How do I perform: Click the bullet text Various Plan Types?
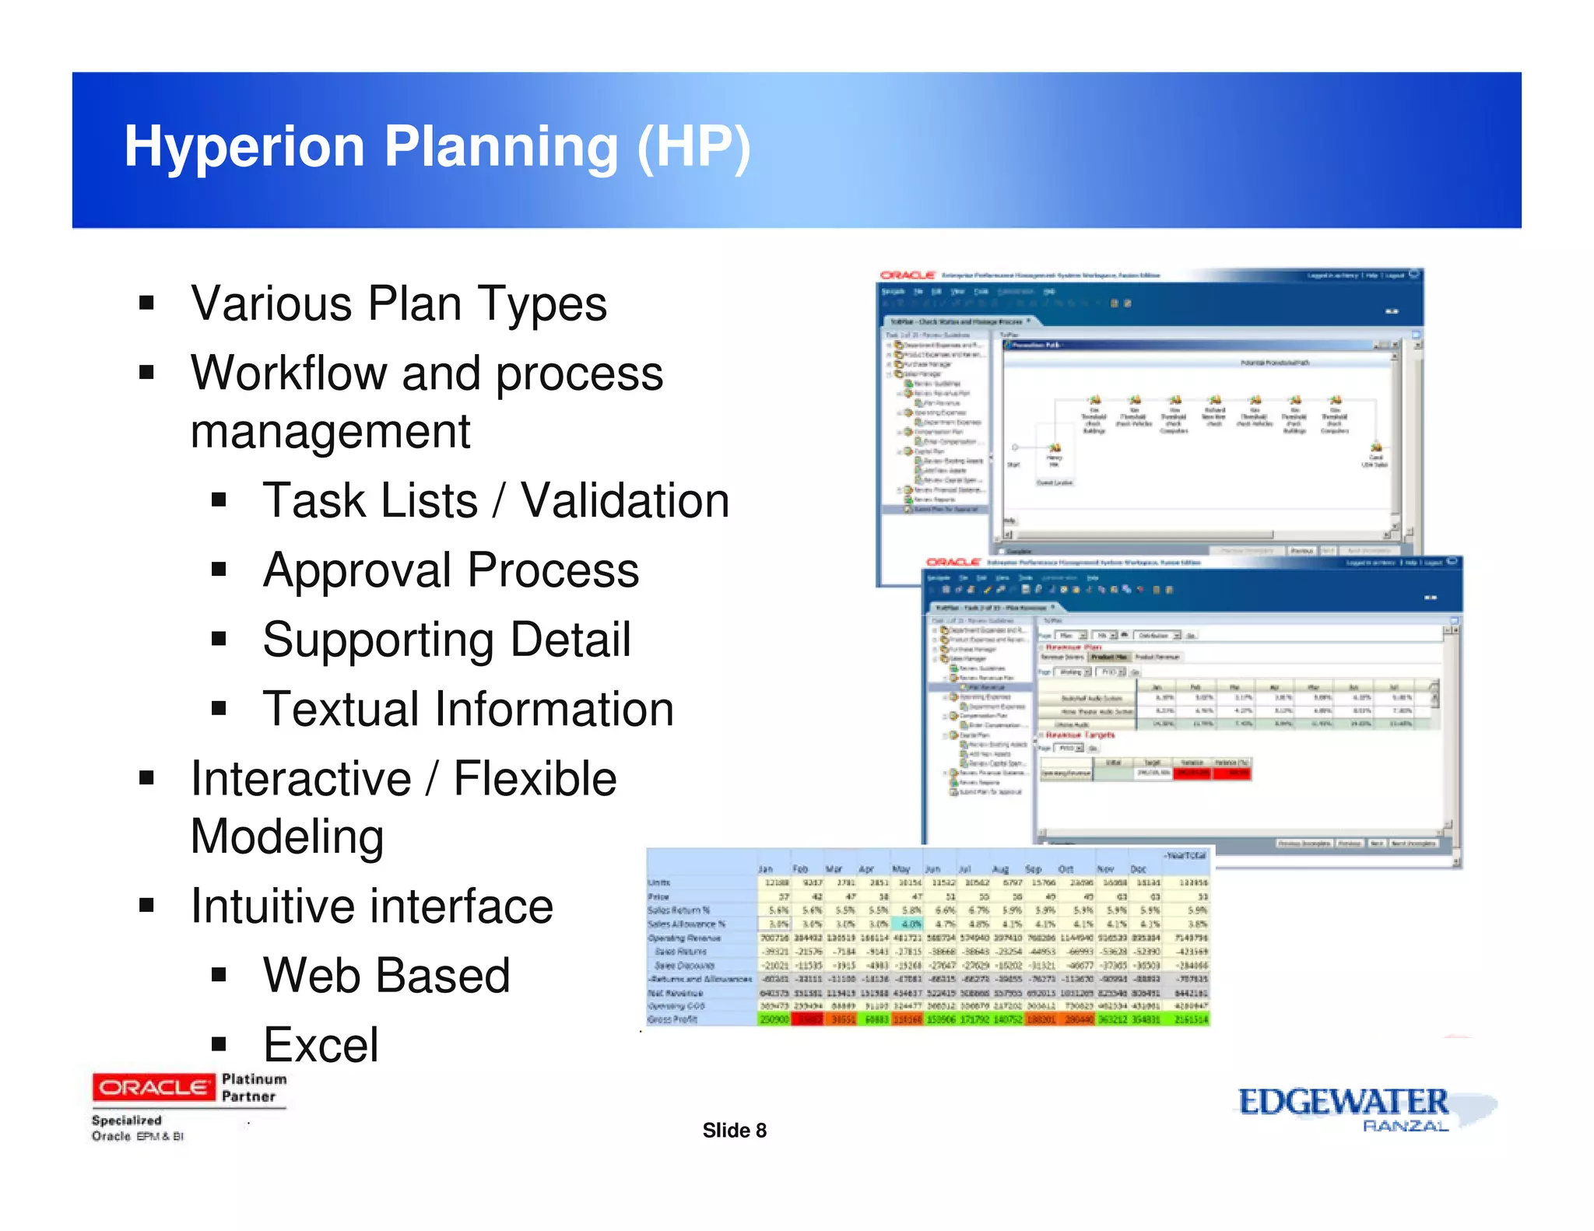click(x=398, y=303)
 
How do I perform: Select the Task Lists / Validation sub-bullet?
click(x=496, y=500)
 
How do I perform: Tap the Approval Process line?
click(x=451, y=570)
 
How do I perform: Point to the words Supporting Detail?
click(x=446, y=640)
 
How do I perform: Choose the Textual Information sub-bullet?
click(x=468, y=709)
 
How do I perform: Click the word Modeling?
click(x=287, y=836)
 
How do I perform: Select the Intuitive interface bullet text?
click(x=372, y=907)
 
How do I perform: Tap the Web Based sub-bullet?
click(x=386, y=976)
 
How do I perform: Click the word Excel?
click(x=321, y=1045)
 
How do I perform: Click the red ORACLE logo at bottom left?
click(x=153, y=1087)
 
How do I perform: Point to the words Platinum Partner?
click(x=254, y=1088)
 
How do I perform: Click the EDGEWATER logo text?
click(x=1343, y=1102)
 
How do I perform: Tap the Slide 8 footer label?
click(x=734, y=1131)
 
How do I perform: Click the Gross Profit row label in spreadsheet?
click(x=672, y=1019)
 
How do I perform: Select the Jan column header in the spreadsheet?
click(x=766, y=869)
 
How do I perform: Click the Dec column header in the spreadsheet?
click(x=1138, y=869)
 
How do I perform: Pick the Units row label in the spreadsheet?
click(x=659, y=883)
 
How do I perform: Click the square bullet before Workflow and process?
click(x=146, y=373)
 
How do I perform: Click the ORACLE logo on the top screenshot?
click(x=907, y=275)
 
